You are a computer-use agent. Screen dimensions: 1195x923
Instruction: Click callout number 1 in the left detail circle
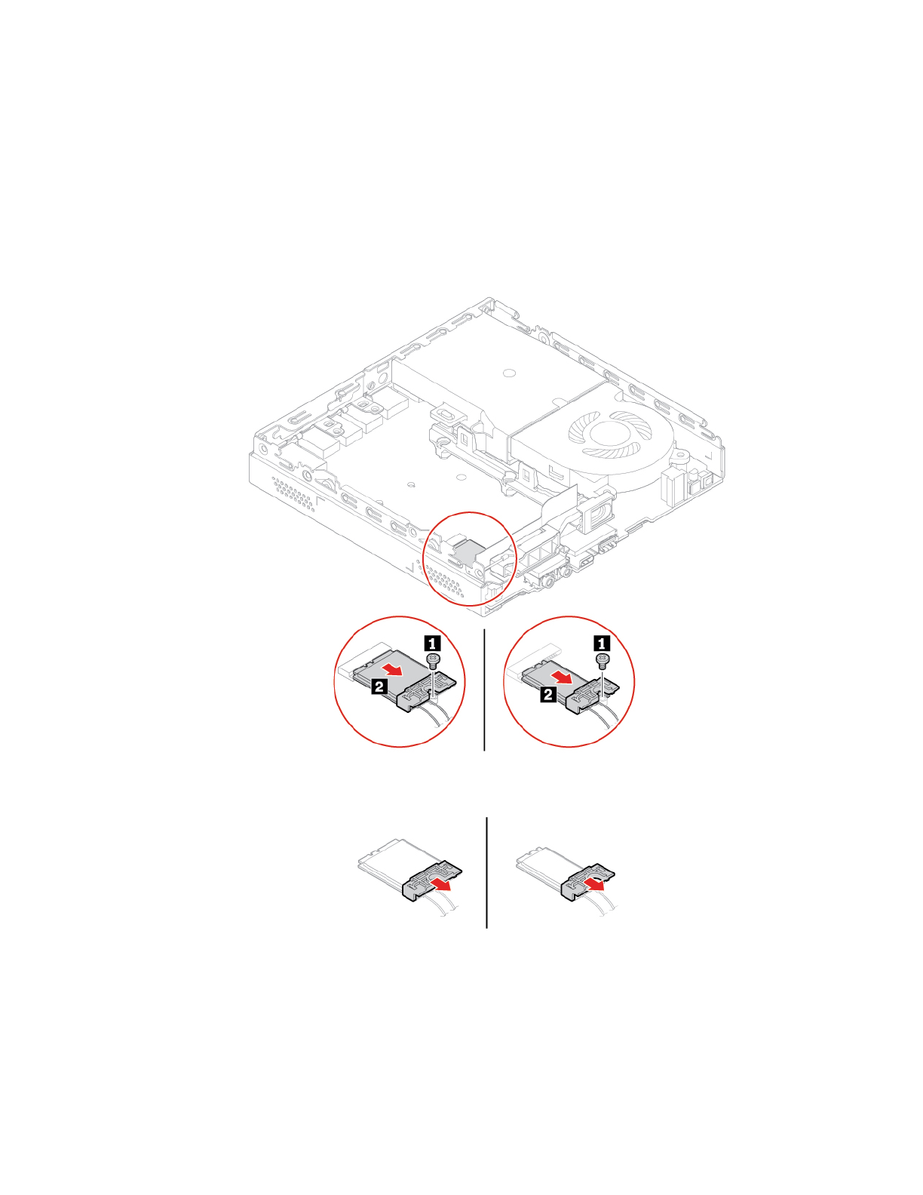pos(433,643)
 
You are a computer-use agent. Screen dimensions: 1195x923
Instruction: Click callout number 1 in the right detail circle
pos(602,643)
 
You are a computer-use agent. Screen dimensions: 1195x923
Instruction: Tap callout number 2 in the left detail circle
pos(379,686)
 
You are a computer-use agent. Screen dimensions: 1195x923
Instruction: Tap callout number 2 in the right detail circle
pos(548,694)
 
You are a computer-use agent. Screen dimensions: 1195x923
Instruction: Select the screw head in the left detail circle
pos(433,660)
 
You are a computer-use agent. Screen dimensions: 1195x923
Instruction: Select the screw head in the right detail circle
pos(602,661)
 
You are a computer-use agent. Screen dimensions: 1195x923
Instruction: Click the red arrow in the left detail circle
pos(395,669)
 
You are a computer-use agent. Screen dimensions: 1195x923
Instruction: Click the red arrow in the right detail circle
pos(564,676)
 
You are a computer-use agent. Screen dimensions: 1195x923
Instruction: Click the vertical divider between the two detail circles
pos(484,690)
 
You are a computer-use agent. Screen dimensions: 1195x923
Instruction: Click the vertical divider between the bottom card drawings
pos(486,872)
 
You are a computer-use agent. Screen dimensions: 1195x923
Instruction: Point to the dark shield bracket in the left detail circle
pos(422,696)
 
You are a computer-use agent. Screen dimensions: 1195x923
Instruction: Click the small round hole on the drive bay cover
pos(508,373)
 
